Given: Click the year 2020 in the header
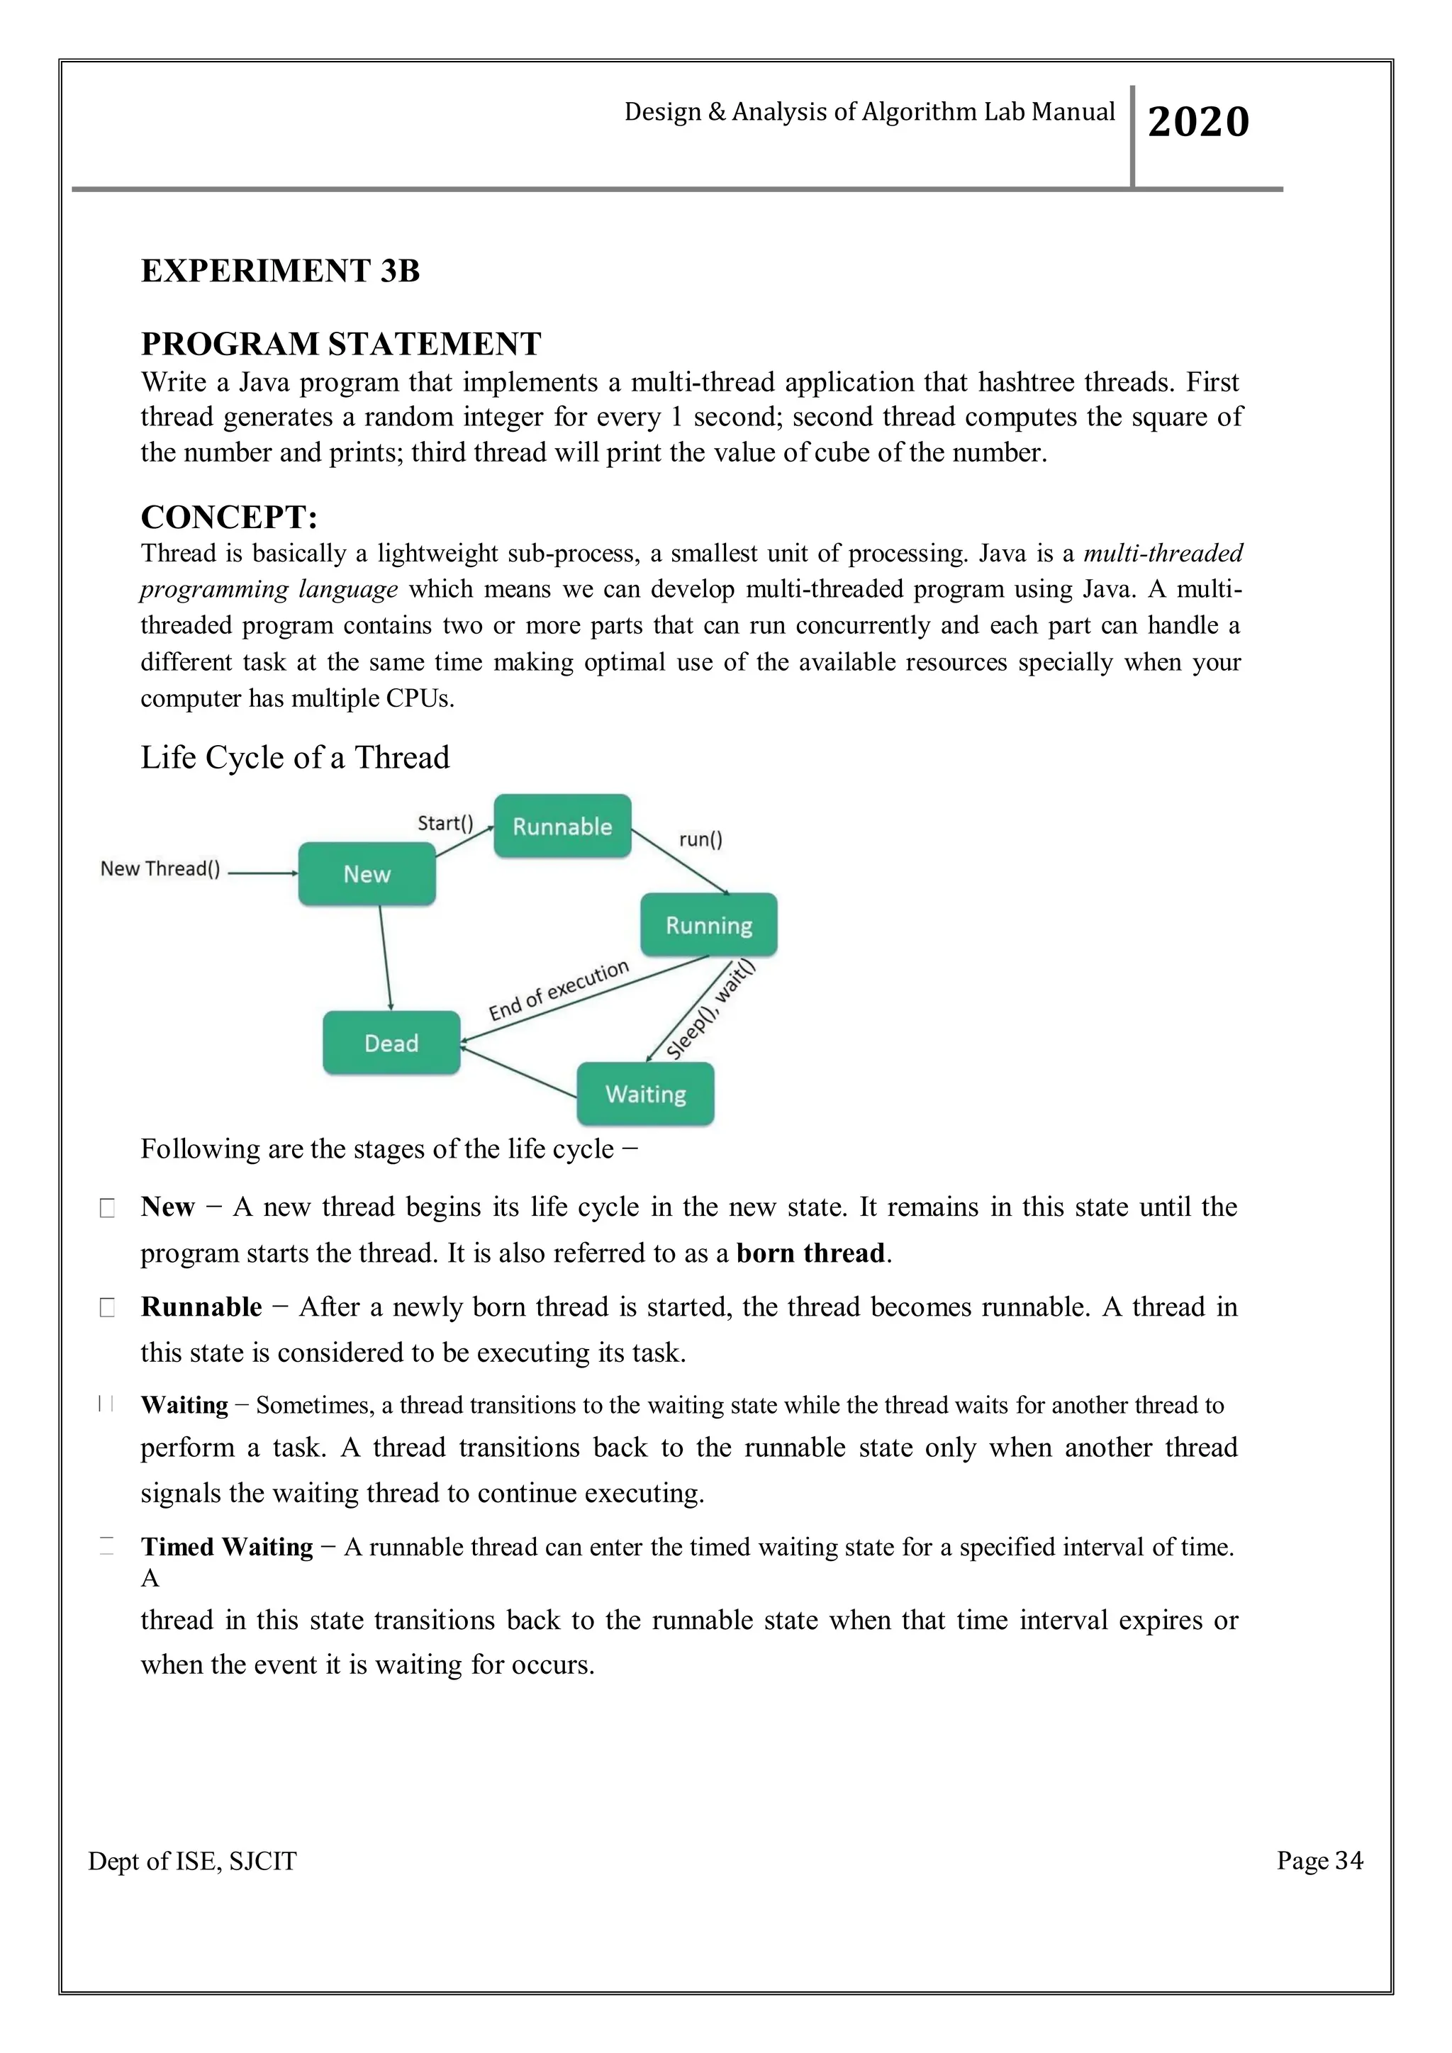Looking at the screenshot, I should click(x=1198, y=122).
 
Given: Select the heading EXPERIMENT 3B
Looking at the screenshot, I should click(x=280, y=271).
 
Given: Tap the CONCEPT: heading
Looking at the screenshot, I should click(x=229, y=518).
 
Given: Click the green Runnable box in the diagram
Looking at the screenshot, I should click(x=562, y=826).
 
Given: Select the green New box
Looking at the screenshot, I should click(x=367, y=873).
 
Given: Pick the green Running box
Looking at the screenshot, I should click(x=708, y=924).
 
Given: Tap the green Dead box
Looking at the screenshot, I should click(x=391, y=1043).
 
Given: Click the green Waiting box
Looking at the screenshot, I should click(x=646, y=1094).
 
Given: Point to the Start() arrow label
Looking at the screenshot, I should click(x=445, y=822).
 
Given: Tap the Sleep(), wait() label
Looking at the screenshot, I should click(x=711, y=1010).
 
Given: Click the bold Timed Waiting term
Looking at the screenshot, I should click(x=227, y=1547).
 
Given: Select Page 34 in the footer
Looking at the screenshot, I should click(x=1319, y=1861).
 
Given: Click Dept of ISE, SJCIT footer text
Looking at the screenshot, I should click(x=192, y=1862).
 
